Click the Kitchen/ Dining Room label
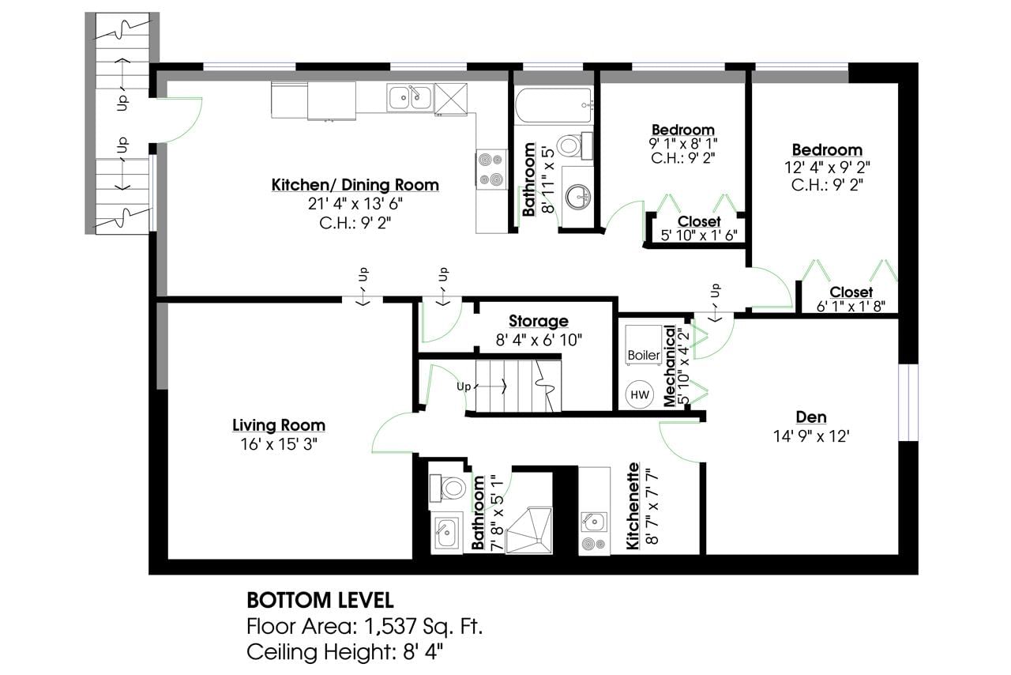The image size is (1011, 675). pos(355,185)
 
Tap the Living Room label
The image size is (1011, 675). pos(279,425)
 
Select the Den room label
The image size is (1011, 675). pos(811,417)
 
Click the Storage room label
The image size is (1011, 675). pos(539,321)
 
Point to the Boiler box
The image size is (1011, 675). pos(643,344)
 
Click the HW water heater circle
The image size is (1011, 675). pos(640,394)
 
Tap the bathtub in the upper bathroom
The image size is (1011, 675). pos(554,106)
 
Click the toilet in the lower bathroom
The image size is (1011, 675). pos(447,488)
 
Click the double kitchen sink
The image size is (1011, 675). pos(410,97)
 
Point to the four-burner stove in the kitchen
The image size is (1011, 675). pos(491,169)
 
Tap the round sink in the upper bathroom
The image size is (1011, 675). pos(578,197)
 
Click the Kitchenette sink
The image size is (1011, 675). pos(593,522)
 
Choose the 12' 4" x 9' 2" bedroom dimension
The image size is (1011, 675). pos(827,168)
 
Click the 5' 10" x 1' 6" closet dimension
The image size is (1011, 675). pos(699,236)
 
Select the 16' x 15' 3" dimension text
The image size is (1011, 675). pos(279,444)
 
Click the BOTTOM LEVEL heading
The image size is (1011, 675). pos(320,601)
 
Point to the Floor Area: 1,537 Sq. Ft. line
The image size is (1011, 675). pos(365,627)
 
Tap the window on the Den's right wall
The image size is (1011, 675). pos(908,402)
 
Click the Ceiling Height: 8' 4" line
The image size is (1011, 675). pos(345,652)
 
